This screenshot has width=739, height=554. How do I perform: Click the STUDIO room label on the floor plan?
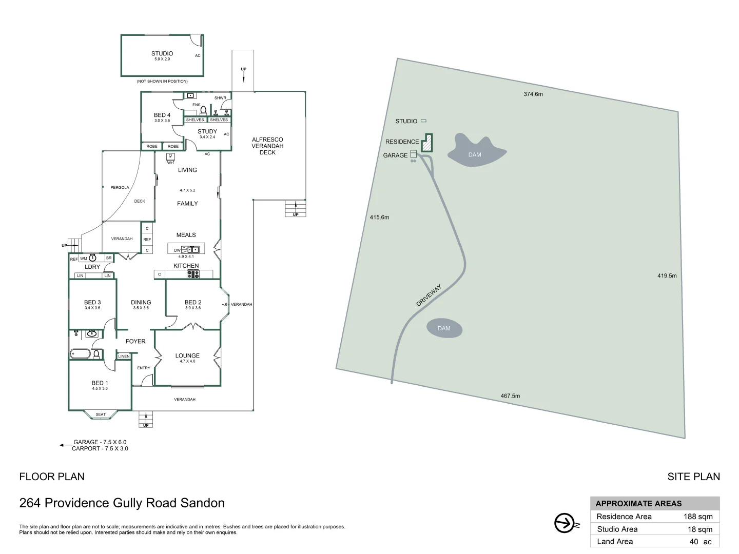coord(162,53)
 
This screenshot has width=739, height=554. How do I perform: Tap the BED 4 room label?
coord(162,115)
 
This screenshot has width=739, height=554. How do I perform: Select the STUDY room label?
coord(207,132)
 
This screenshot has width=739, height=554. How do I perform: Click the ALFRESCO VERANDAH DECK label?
coord(267,146)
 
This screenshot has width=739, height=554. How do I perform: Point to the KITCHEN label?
coord(186,266)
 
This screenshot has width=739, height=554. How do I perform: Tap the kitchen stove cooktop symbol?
coord(193,274)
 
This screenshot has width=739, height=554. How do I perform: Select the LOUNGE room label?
coord(187,355)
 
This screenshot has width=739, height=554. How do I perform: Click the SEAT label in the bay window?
coord(101,414)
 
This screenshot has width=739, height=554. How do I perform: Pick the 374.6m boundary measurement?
coord(533,94)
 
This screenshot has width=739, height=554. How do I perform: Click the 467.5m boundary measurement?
coord(510,396)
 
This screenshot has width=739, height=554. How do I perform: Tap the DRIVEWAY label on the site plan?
coord(429,296)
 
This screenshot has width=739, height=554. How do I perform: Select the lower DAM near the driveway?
coord(444,328)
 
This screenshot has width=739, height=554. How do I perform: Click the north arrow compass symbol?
coord(566,523)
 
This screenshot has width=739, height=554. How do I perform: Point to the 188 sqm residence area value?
coord(697,517)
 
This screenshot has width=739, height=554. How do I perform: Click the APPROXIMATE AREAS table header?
coord(639,504)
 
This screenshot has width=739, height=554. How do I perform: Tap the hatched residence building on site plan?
coord(427,144)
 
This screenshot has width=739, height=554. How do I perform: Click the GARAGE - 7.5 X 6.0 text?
coord(100,442)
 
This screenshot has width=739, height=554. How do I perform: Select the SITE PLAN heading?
coord(693,477)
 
